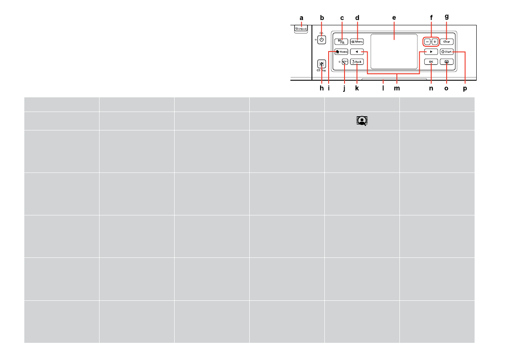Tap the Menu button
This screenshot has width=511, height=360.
click(357, 42)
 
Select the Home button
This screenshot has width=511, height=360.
click(342, 51)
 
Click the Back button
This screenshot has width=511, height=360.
click(357, 62)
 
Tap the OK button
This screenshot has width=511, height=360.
click(431, 62)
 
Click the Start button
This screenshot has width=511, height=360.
click(447, 51)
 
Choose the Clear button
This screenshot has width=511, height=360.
click(447, 42)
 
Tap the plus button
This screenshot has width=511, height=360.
click(435, 42)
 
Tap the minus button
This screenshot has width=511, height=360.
click(427, 42)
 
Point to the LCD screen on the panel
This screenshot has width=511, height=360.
click(394, 51)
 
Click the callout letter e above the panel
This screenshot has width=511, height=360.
click(394, 18)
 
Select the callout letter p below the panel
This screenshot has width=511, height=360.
click(465, 88)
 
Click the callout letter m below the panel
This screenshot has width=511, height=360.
click(397, 88)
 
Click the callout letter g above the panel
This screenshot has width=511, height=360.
click(447, 17)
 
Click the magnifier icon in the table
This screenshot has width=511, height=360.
click(362, 121)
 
